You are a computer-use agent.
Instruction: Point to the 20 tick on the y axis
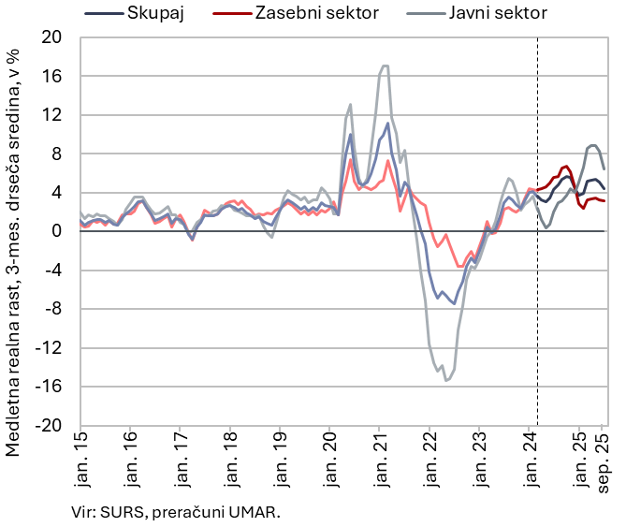tap(51, 37)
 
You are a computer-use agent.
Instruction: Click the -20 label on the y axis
tap(49, 425)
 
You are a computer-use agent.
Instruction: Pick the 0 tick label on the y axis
tap(58, 231)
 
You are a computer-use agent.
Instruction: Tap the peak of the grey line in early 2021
tap(385, 66)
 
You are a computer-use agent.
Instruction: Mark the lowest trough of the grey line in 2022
tap(446, 380)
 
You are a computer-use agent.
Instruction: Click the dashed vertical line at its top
tap(537, 39)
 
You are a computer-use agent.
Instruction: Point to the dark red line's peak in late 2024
tap(566, 167)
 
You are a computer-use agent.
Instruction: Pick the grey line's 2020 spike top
tap(350, 104)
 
